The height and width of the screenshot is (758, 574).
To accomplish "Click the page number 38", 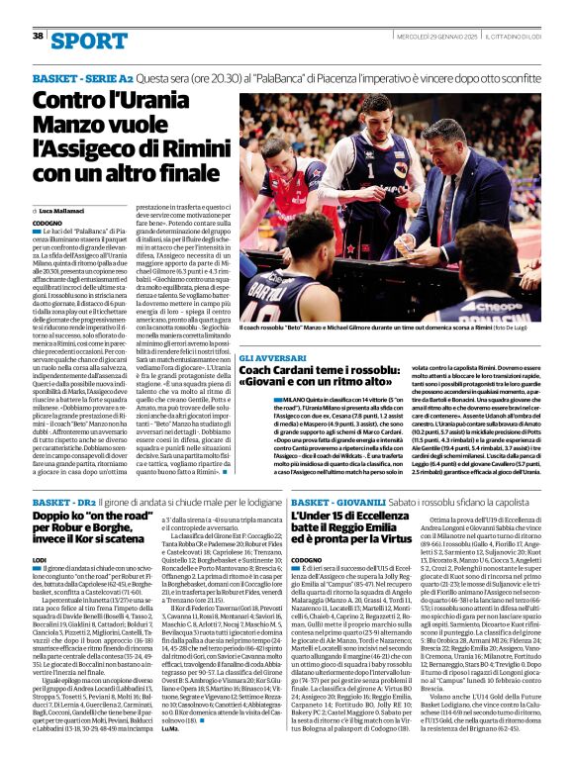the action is coord(38,35).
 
